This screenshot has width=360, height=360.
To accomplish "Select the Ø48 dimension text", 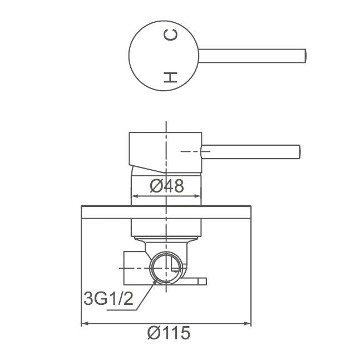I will click(x=167, y=186).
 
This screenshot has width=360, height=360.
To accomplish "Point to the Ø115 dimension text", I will click(x=168, y=333).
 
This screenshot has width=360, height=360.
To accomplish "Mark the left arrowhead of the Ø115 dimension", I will click(x=85, y=323).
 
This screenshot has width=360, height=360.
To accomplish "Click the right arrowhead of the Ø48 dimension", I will click(x=198, y=196).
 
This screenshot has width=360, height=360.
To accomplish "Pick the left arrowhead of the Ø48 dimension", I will click(x=134, y=196).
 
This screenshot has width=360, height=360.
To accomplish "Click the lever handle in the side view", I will click(x=250, y=150).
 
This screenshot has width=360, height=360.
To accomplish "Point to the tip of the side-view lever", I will click(x=299, y=150).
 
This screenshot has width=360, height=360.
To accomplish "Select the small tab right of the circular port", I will click(x=199, y=280).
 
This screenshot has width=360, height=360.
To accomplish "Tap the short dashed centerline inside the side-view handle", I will click(x=189, y=150).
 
